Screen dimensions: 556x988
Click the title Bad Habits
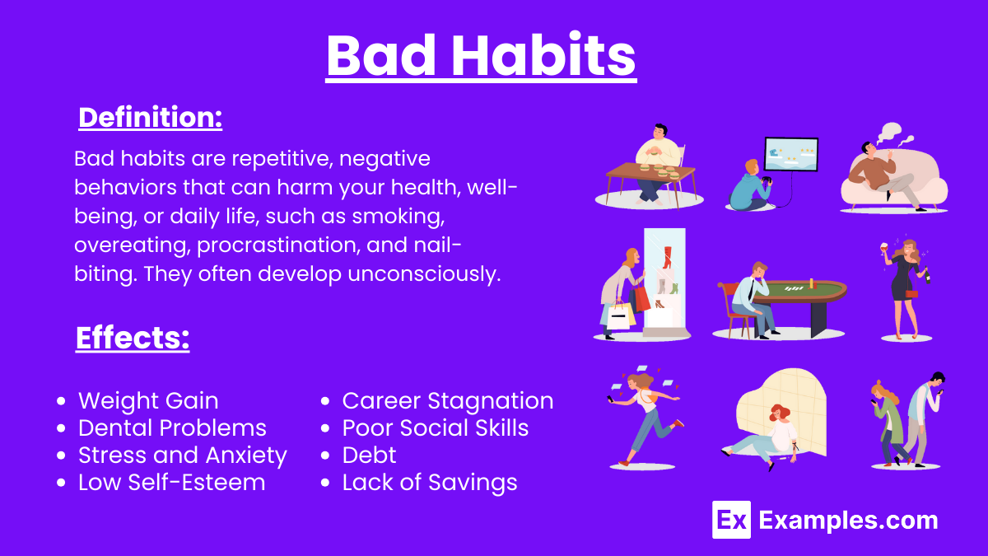481,55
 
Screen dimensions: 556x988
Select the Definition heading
150,118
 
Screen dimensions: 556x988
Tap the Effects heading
132,338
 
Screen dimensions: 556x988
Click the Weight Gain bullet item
148,401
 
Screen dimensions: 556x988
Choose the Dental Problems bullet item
172,428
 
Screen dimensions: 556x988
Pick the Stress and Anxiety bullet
182,456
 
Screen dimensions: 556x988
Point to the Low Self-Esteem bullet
171,483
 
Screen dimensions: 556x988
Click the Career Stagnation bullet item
447,401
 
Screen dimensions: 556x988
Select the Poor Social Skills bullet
435,428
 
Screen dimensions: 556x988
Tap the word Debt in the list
369,456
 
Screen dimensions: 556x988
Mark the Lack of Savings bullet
429,483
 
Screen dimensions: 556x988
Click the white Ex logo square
731,520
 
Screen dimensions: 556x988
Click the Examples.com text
848,521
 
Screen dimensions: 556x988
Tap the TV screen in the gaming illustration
790,153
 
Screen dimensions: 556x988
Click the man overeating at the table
659,148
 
